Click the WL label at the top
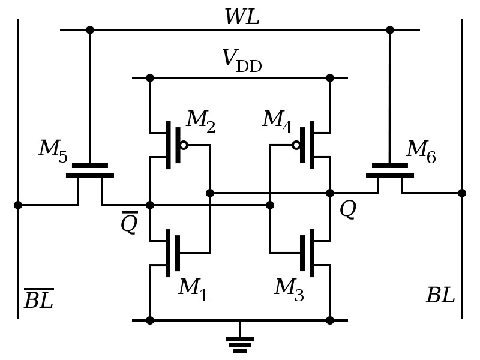pos(242,17)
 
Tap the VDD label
pos(241,61)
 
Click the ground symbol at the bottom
pos(240,344)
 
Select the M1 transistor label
pos(193,289)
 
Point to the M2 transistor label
pos(200,121)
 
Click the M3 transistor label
pos(289,289)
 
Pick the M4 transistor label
pos(277,121)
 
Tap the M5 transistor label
pos(53,150)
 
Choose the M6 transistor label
pos(421,151)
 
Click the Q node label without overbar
pos(347,209)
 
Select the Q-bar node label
pos(129,223)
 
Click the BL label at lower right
pos(440,296)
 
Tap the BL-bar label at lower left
pos(39,299)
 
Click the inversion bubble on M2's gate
pos(184,145)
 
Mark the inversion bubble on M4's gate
pos(296,145)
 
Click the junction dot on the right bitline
pos(462,193)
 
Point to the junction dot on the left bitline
pos(18,205)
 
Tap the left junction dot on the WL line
pos(90,30)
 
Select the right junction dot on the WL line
pos(390,30)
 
